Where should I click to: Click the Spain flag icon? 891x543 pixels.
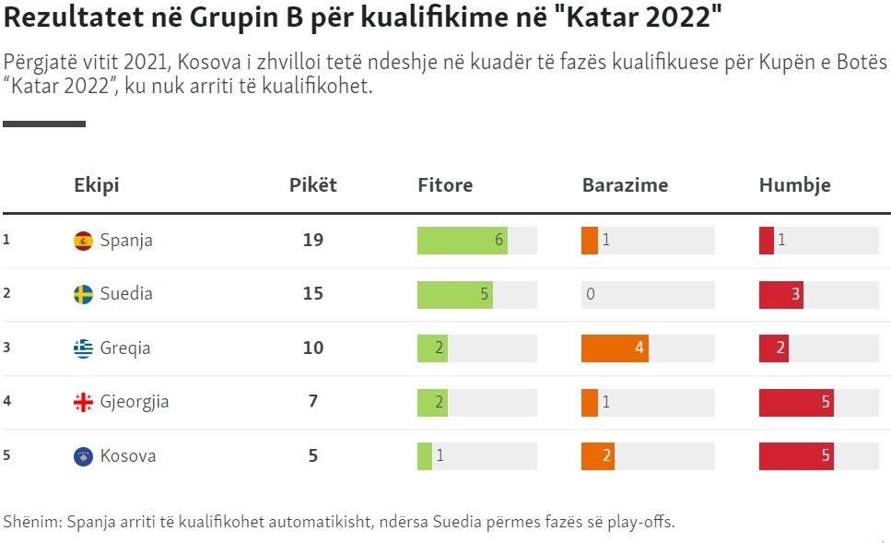pos(83,241)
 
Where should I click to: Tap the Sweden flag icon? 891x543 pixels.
pos(83,294)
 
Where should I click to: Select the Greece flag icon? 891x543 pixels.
pos(83,348)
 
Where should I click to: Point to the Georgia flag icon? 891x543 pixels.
pos(83,402)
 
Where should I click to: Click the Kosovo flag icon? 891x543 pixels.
pos(83,456)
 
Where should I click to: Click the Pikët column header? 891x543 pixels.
pos(313,185)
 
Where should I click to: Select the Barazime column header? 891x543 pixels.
pos(625,185)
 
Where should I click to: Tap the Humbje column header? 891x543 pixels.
pos(794,185)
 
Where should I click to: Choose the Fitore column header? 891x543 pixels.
pos(445,185)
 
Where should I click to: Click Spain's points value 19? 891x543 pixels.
pos(313,241)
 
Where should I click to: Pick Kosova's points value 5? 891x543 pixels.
pos(313,456)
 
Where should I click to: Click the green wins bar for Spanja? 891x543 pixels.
pos(462,241)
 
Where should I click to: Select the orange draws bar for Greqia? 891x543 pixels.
pos(615,348)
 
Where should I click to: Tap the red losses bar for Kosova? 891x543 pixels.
pos(796,456)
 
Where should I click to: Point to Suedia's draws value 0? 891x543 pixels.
pos(590,294)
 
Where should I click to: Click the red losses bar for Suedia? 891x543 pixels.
pos(780,294)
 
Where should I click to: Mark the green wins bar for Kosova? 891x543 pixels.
pos(425,456)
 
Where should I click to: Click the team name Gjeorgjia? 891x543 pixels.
pos(135,402)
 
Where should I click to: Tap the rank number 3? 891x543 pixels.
pos(6,348)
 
